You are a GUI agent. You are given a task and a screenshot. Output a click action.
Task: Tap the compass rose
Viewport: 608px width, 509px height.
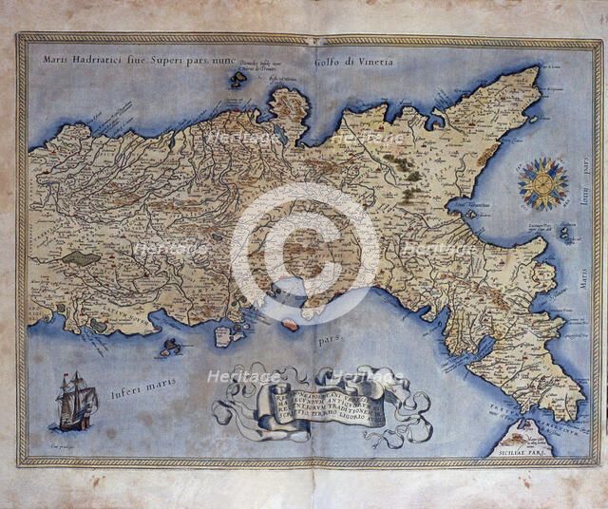pos(543,184)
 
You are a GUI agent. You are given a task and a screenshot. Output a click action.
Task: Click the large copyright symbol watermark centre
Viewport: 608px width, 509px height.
pos(304,251)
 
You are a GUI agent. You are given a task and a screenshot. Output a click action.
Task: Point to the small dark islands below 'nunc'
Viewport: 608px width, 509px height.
pos(237,80)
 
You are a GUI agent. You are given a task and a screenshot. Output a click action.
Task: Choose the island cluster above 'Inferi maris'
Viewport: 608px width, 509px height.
pos(171,347)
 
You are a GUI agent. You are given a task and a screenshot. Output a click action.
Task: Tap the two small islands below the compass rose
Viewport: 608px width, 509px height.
pos(567,231)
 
